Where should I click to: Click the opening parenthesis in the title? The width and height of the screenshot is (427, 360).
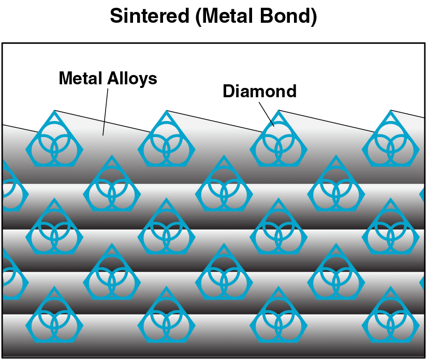tap(199, 17)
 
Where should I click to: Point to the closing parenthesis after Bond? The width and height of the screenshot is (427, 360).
tap(314, 17)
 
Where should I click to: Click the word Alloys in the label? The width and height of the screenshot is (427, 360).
tap(132, 79)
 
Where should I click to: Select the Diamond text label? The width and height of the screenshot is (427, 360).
tap(259, 91)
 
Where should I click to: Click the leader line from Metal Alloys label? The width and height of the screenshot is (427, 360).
tap(106, 112)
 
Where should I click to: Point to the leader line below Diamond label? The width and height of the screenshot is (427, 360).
tap(267, 114)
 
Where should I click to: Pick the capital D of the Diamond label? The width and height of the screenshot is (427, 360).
tap(229, 91)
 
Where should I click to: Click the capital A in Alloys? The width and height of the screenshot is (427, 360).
tap(113, 79)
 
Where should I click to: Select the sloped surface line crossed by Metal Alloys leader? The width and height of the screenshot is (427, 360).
tap(102, 122)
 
